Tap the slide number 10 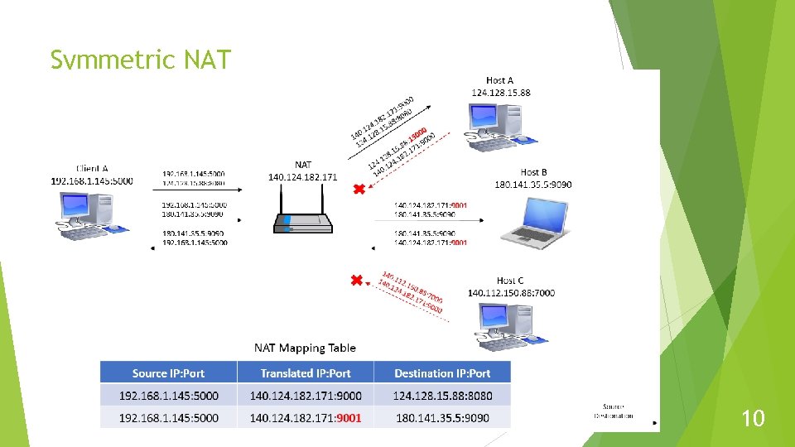tap(752, 419)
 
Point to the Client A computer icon tap(91, 215)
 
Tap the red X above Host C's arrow tap(358, 281)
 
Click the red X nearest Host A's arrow tap(358, 190)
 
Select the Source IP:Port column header tap(168, 373)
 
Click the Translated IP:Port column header tap(305, 373)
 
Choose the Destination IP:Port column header tap(442, 373)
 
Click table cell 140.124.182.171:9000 tap(305, 396)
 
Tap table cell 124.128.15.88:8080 tap(442, 396)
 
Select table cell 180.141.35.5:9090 tap(442, 418)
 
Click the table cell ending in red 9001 tap(305, 418)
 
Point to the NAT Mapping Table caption tap(305, 348)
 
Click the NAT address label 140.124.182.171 tap(303, 176)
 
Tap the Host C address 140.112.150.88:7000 tap(511, 293)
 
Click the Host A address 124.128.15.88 tap(501, 92)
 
